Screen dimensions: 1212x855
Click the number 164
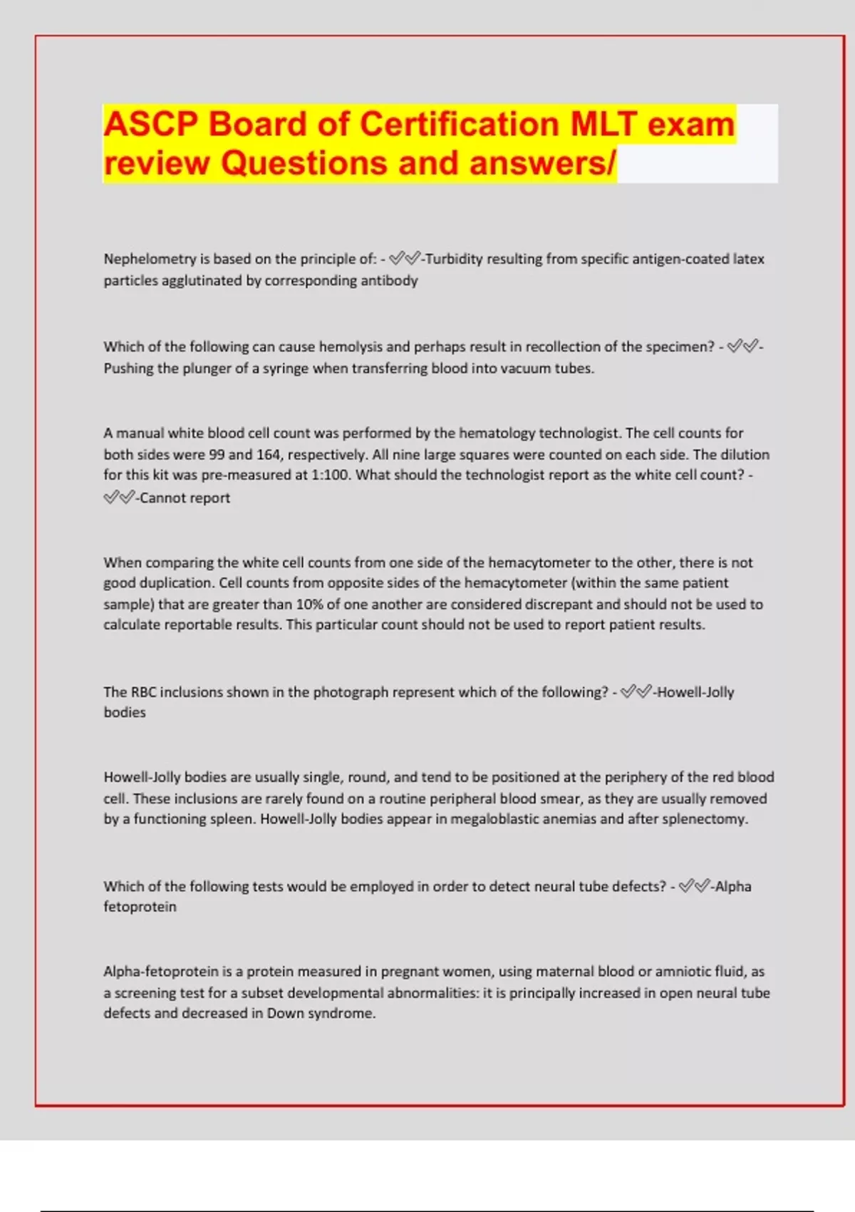pyautogui.click(x=268, y=454)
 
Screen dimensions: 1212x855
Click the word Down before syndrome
pyautogui.click(x=285, y=1013)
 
